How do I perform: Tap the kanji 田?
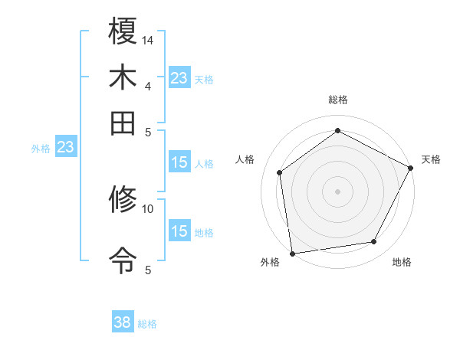[123, 123]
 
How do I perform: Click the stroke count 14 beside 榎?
[148, 39]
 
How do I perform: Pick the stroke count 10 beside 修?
[148, 208]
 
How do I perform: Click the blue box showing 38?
[123, 322]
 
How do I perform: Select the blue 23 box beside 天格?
[179, 78]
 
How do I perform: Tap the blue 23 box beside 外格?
[65, 147]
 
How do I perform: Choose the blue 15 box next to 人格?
[179, 162]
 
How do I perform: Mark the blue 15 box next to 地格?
[179, 231]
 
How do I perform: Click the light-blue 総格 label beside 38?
[147, 324]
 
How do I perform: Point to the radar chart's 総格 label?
[338, 100]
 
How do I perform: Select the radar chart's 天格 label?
[431, 159]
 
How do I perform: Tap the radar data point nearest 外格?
[292, 253]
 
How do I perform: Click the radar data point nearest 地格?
[374, 242]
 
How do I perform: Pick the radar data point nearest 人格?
[280, 172]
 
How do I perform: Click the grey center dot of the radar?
[338, 191]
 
